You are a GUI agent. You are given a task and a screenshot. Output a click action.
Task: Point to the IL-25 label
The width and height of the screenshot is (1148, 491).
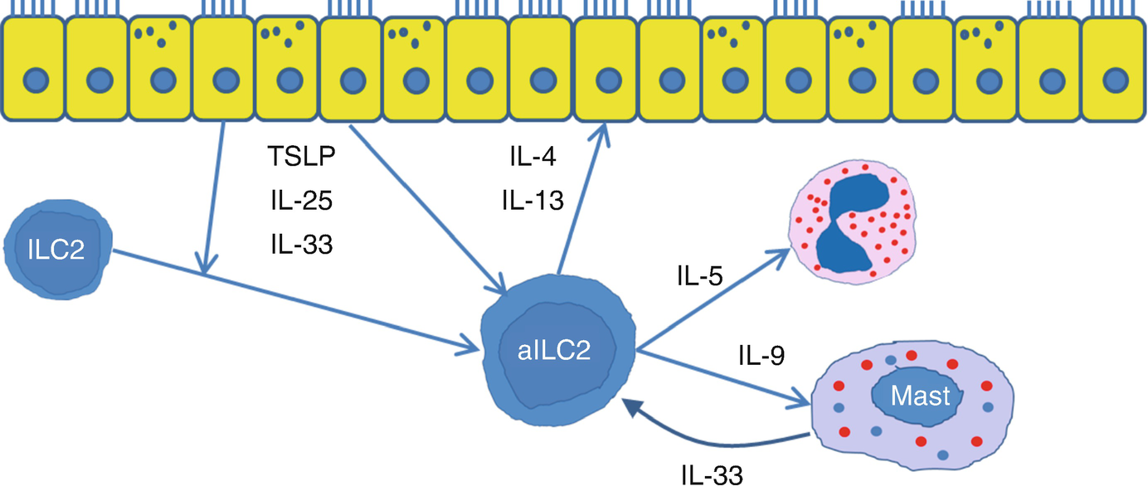[296, 202]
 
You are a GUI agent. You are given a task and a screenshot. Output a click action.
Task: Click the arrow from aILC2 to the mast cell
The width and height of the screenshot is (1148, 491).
[722, 377]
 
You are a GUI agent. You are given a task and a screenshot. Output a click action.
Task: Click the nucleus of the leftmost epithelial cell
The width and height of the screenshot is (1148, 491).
[32, 80]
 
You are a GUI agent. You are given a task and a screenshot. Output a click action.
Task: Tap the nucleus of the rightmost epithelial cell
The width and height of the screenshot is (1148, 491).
[1116, 80]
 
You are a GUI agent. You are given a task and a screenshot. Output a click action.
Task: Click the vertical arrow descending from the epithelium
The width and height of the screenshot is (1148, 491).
[213, 199]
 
